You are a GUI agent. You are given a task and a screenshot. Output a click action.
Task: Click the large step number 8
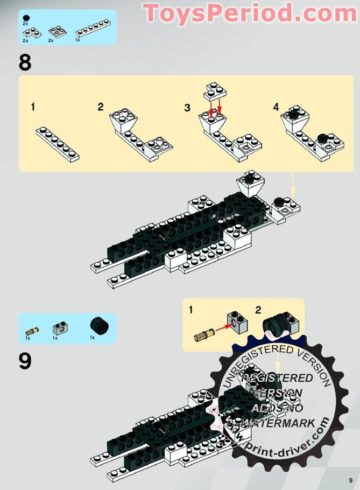click(25, 63)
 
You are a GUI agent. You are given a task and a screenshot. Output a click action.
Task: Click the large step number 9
click(25, 361)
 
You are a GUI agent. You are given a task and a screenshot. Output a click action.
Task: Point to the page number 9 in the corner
click(350, 480)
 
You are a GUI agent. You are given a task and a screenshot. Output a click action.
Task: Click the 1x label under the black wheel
click(92, 338)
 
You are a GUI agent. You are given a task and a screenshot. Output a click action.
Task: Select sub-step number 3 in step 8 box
click(187, 108)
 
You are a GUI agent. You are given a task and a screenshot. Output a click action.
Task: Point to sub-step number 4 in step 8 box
click(276, 107)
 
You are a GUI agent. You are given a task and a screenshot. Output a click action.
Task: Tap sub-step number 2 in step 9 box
click(258, 310)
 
